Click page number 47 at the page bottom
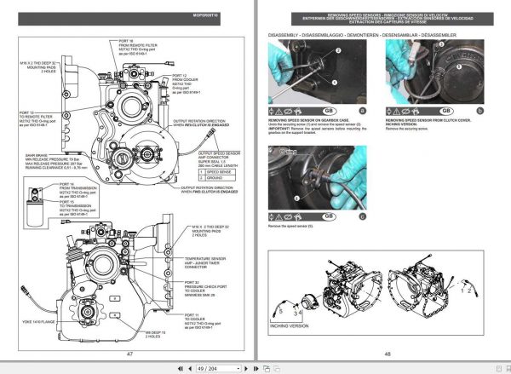click(130, 353)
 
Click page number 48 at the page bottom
click(387, 353)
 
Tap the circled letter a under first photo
click(362, 111)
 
